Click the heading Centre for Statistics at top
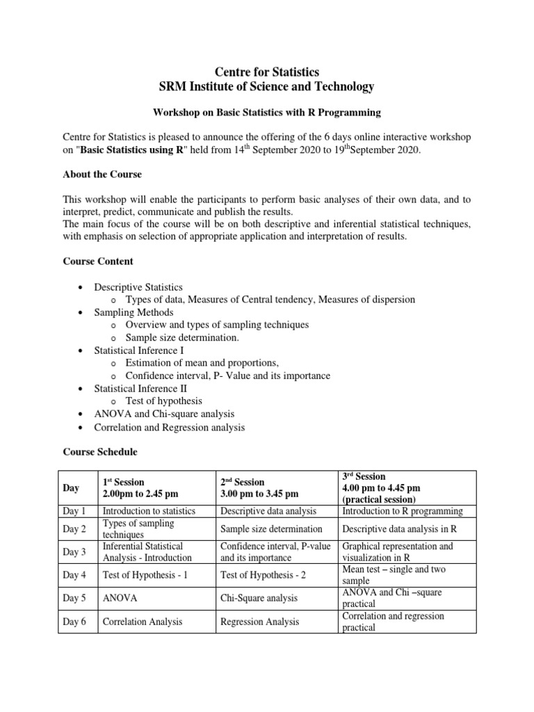coord(266,71)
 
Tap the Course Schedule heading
coord(100,452)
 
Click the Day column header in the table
coord(71,489)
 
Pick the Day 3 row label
coord(74,552)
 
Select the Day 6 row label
coord(74,622)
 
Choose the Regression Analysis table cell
coord(260,622)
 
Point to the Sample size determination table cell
coord(271,529)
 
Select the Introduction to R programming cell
coord(403,511)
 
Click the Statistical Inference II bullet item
coord(140,389)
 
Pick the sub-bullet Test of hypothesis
coord(163,401)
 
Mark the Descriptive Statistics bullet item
coord(138,287)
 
